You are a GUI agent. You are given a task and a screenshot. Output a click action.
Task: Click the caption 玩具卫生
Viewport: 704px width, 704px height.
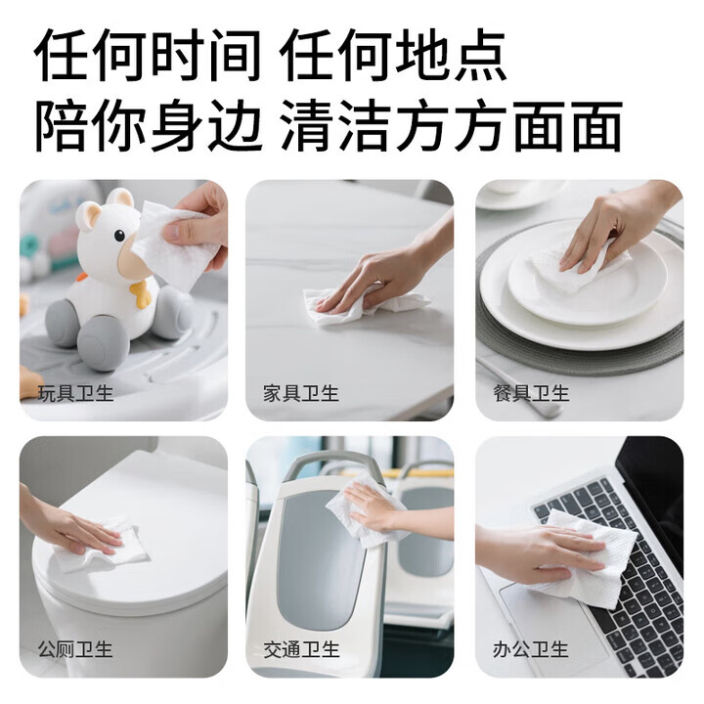75,393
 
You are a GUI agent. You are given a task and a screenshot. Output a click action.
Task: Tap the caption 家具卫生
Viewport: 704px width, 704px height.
301,393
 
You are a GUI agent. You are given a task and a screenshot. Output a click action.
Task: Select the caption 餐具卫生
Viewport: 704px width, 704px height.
531,393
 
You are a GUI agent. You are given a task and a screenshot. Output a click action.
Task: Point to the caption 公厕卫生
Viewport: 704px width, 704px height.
75,649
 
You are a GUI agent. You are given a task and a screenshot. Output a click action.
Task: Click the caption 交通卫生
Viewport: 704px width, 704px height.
301,649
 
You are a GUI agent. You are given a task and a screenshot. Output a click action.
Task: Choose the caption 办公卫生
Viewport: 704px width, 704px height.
531,649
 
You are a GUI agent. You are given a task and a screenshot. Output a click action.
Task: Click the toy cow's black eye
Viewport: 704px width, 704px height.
119,236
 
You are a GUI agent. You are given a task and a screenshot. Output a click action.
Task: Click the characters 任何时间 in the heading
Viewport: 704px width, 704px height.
148,55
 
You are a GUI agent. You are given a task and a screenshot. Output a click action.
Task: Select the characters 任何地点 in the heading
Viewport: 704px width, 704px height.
393,55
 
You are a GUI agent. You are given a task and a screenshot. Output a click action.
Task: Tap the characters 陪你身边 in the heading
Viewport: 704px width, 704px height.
149,125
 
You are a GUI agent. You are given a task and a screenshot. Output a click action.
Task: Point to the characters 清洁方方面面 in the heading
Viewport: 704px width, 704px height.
452,125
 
